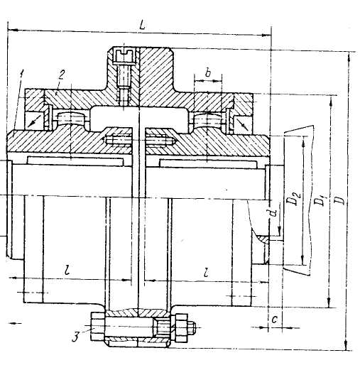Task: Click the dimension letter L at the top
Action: pyautogui.click(x=142, y=25)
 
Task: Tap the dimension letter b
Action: pyautogui.click(x=208, y=73)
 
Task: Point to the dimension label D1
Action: pyautogui.click(x=318, y=200)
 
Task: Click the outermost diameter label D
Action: pyautogui.click(x=340, y=200)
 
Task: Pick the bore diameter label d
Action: pyautogui.click(x=274, y=212)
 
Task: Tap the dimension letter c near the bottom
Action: pyautogui.click(x=275, y=320)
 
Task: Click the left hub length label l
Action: pyautogui.click(x=67, y=270)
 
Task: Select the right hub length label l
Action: pyautogui.click(x=207, y=272)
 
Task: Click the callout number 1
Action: pyautogui.click(x=22, y=73)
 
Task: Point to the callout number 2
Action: pyautogui.click(x=61, y=75)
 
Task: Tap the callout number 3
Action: pyautogui.click(x=75, y=337)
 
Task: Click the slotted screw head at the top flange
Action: pyautogui.click(x=124, y=56)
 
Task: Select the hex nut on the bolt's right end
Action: pyautogui.click(x=181, y=328)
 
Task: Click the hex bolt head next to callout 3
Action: pyautogui.click(x=97, y=327)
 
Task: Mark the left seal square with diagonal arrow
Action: pyautogui.click(x=34, y=121)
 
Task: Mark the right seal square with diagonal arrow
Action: pyautogui.click(x=243, y=123)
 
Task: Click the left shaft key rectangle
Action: pyautogui.click(x=75, y=161)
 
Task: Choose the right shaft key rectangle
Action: pyautogui.click(x=208, y=164)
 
